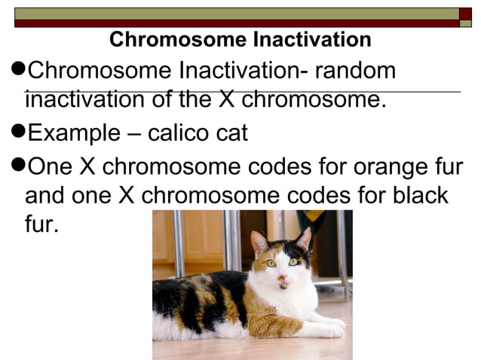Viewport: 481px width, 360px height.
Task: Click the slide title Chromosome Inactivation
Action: (x=240, y=40)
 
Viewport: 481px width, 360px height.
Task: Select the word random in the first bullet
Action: (x=355, y=71)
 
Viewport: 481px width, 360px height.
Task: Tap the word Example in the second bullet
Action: (x=73, y=133)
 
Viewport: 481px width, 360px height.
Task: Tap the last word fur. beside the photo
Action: (x=41, y=224)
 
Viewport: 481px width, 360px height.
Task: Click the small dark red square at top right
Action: (x=465, y=14)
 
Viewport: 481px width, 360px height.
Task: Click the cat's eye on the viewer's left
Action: (x=271, y=263)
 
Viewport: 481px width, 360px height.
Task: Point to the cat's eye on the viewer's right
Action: (x=293, y=261)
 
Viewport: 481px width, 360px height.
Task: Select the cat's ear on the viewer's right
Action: (x=303, y=239)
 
